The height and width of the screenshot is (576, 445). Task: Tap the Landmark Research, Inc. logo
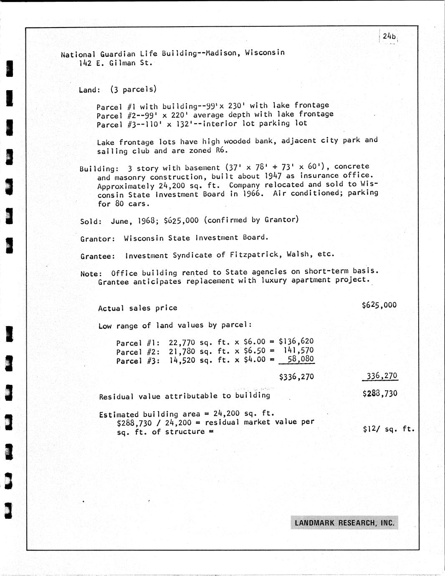(x=344, y=523)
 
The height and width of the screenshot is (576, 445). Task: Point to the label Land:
(x=89, y=90)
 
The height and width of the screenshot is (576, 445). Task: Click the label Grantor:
(x=97, y=239)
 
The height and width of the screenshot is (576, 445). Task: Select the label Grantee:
(x=97, y=256)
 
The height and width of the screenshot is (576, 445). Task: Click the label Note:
(x=91, y=274)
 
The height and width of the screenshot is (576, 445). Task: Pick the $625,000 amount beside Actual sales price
(x=379, y=305)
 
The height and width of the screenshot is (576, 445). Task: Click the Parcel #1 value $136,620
(x=296, y=341)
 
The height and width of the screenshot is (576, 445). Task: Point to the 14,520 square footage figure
(x=182, y=360)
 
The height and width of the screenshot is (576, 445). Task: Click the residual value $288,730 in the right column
(x=380, y=393)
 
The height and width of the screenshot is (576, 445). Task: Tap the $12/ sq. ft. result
(x=388, y=428)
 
